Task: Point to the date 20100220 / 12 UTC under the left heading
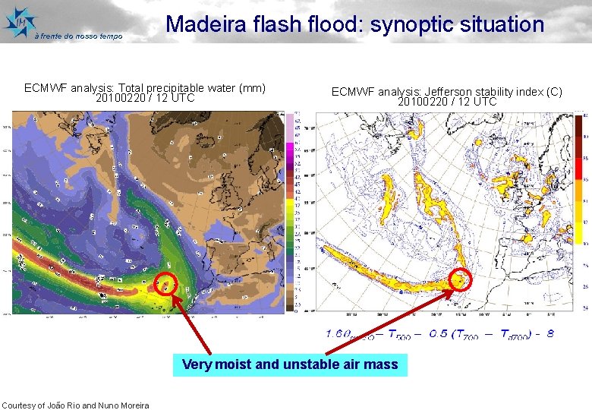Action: point(145,98)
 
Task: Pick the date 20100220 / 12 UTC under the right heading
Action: point(447,102)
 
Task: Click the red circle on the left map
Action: point(165,285)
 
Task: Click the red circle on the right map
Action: point(461,279)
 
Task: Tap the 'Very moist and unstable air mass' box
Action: point(289,364)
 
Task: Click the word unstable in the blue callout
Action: point(310,364)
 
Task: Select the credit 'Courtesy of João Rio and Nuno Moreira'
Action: point(75,405)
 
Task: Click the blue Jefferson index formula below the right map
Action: point(440,334)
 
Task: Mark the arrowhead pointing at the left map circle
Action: point(174,297)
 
